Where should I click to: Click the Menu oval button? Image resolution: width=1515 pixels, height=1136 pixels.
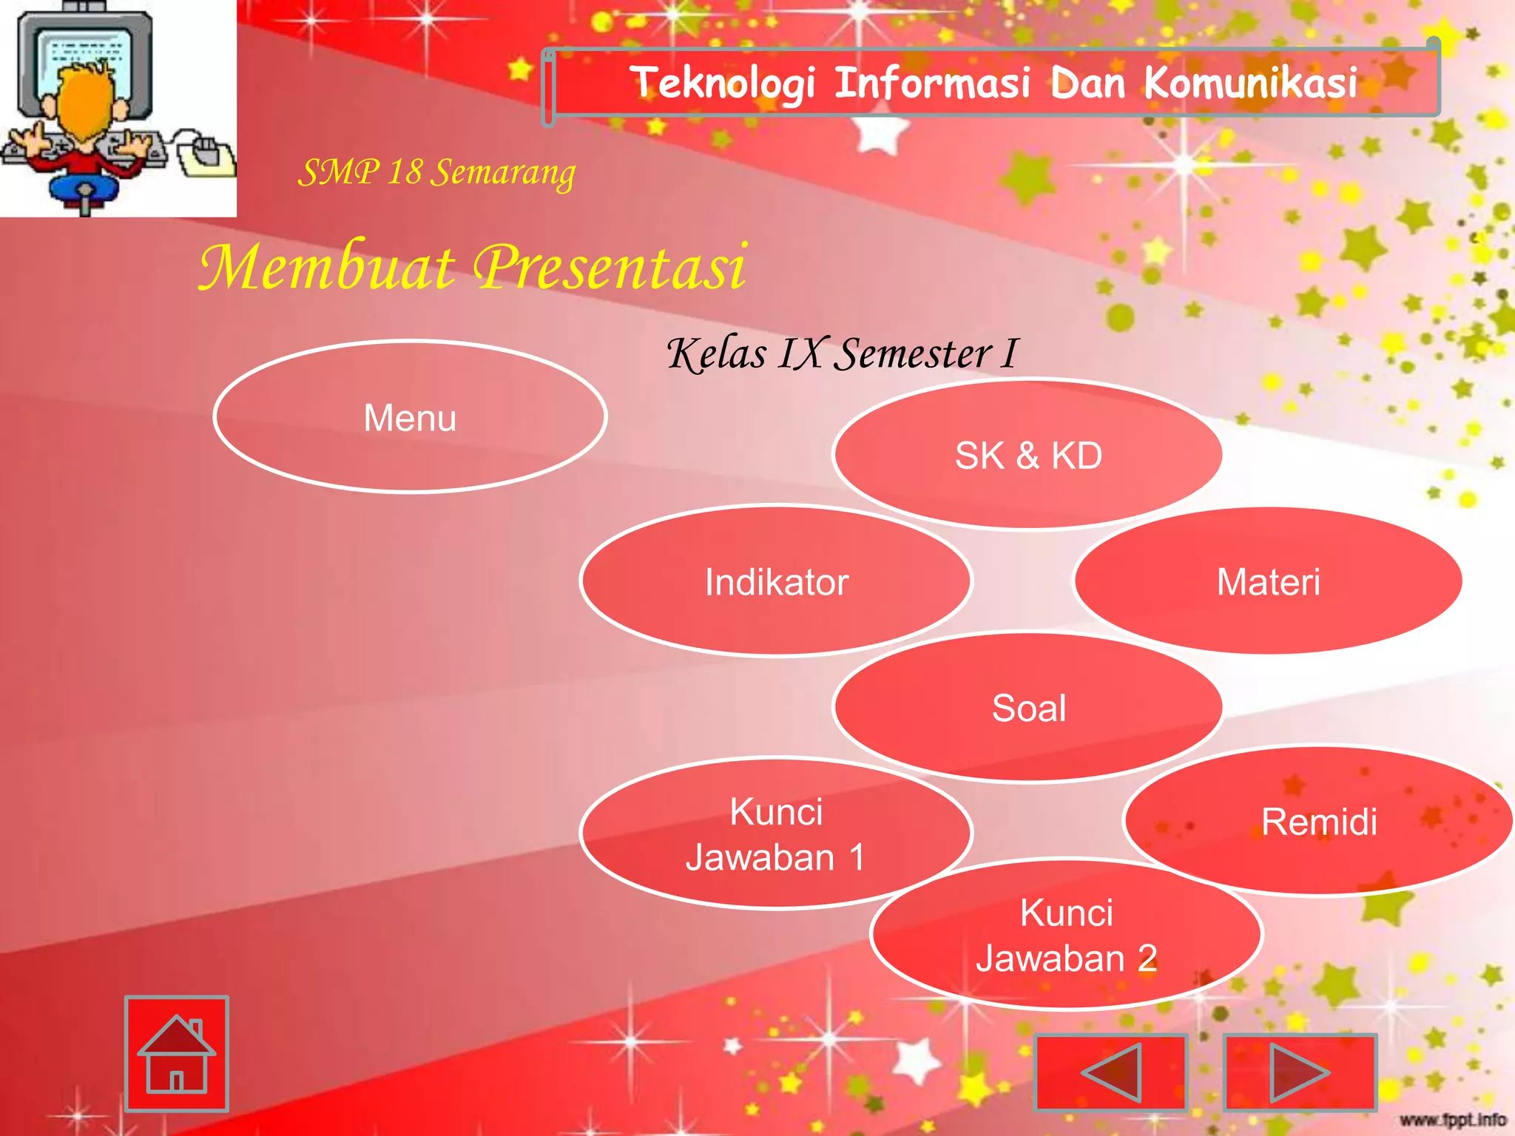(x=410, y=417)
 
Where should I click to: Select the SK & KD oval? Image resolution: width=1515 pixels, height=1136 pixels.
(x=1028, y=455)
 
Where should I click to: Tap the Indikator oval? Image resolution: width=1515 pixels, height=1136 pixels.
(x=776, y=581)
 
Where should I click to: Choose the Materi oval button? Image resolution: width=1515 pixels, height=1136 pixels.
(x=1268, y=581)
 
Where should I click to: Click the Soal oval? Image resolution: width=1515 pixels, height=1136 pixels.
(x=1028, y=708)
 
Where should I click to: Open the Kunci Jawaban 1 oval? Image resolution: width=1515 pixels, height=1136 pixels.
(x=775, y=834)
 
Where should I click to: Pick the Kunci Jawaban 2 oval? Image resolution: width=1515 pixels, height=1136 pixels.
(x=1066, y=935)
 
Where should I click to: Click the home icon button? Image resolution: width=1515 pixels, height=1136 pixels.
(x=177, y=1054)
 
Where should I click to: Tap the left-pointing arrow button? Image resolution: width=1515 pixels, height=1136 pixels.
(x=1110, y=1072)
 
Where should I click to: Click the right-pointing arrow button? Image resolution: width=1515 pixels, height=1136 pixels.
(x=1300, y=1072)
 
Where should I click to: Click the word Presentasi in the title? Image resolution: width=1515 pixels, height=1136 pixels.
(x=610, y=267)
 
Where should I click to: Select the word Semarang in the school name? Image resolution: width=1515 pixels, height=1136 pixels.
(x=503, y=173)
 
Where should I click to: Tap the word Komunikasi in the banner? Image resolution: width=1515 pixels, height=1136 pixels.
(x=1250, y=82)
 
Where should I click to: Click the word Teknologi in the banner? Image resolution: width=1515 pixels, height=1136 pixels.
(x=723, y=82)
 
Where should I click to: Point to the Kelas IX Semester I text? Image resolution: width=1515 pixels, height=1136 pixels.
(x=842, y=354)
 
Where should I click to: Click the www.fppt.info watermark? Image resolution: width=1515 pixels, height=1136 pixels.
(x=1453, y=1120)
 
